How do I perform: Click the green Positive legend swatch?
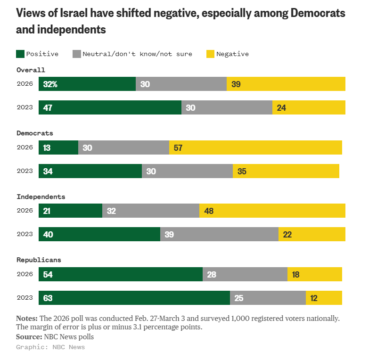[x=20, y=54]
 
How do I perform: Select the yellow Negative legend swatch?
[x=211, y=54]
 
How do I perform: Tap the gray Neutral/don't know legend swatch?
[x=77, y=54]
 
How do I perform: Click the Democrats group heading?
[x=35, y=133]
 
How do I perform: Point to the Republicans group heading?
[x=39, y=260]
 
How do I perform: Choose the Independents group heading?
[x=41, y=196]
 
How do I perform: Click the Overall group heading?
[x=31, y=70]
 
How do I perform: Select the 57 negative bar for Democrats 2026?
[x=255, y=147]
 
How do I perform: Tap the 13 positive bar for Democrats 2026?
[x=58, y=147]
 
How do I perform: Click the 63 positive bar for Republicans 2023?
[x=134, y=298]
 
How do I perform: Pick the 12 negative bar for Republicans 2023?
[x=324, y=298]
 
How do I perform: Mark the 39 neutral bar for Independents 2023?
[x=219, y=234]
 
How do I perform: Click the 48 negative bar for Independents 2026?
[x=272, y=211]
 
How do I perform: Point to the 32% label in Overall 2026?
[x=50, y=84]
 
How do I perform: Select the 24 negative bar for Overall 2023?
[x=309, y=107]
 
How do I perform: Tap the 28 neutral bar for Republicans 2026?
[x=245, y=274]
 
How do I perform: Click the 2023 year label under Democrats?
[x=25, y=171]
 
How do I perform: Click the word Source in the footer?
[x=29, y=337]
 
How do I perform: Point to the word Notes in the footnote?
[x=27, y=318]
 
